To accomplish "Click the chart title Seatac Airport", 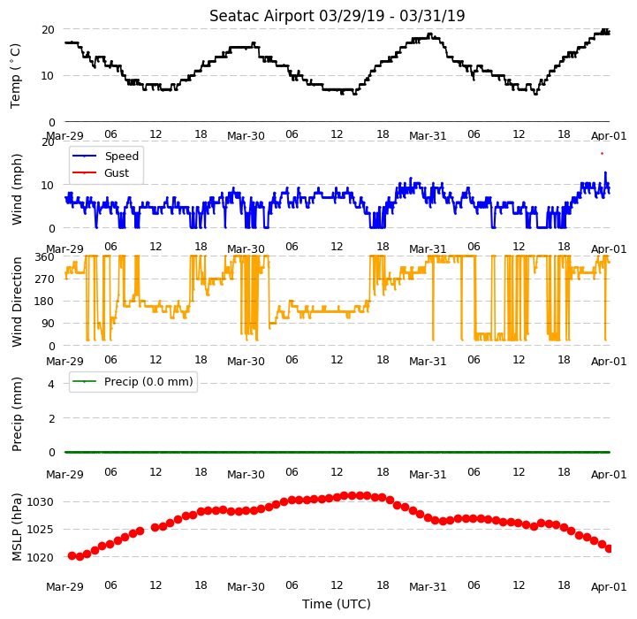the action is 262,16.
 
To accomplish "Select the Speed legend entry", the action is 106,156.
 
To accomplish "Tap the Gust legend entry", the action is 101,172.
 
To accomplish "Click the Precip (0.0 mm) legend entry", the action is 133,381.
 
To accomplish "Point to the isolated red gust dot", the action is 602,153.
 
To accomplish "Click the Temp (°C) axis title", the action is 15,76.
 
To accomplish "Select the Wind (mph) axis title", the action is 16,189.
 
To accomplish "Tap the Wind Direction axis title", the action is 16,302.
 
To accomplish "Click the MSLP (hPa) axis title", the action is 16,527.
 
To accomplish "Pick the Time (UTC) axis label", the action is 337,604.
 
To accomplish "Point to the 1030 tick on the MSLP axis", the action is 41,502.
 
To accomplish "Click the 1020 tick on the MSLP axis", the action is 41,557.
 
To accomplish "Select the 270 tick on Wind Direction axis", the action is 45,279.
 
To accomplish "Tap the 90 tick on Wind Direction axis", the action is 48,324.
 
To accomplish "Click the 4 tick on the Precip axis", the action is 50,384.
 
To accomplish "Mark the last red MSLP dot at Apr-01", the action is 609,549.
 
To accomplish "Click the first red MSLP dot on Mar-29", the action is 72,555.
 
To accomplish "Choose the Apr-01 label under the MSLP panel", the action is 609,587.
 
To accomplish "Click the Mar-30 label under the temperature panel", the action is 246,136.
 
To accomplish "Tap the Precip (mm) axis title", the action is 16,414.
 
